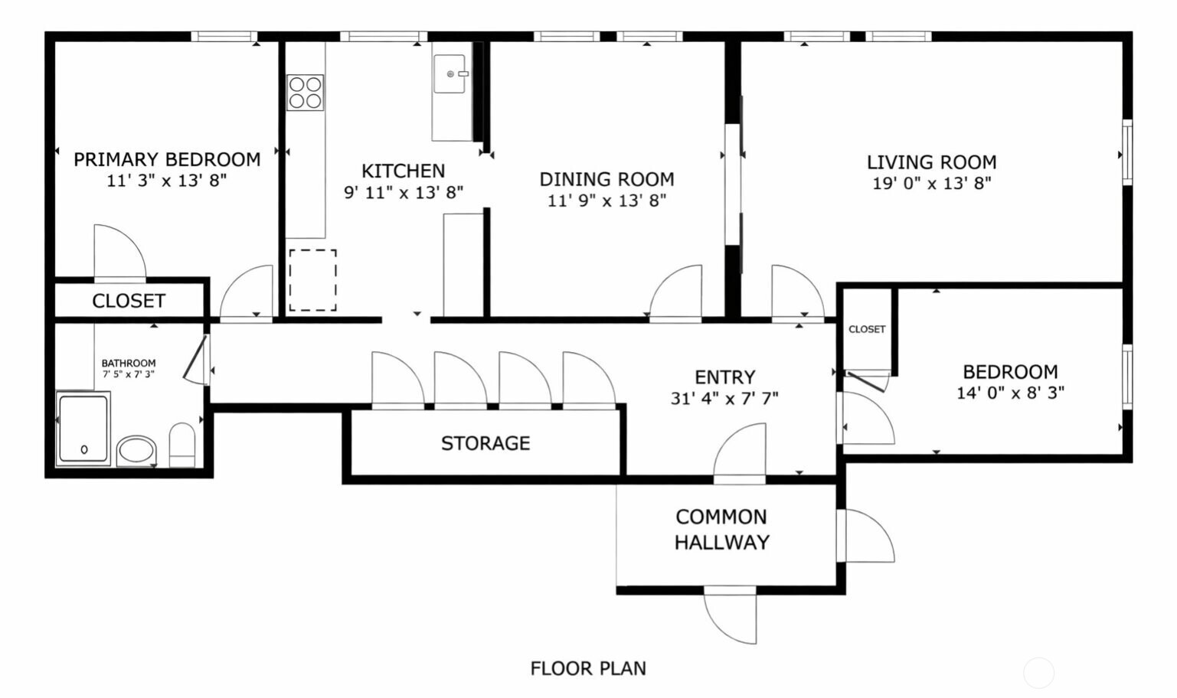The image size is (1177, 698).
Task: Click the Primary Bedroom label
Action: (167, 160)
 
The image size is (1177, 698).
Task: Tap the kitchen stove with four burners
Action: (305, 93)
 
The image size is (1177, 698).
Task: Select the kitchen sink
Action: (450, 74)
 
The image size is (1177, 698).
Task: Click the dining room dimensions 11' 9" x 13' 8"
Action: (607, 201)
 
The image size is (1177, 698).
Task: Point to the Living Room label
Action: (932, 162)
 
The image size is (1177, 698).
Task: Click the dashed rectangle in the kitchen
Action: (312, 280)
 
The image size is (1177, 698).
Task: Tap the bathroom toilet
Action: (181, 445)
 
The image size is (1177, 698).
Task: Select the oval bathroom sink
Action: (136, 451)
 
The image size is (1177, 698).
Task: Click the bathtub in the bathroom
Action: (83, 428)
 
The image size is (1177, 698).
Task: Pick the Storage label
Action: (486, 444)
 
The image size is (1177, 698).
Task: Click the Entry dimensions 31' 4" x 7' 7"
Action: (724, 399)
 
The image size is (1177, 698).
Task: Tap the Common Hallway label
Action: (722, 530)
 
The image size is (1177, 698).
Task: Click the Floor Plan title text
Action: (588, 669)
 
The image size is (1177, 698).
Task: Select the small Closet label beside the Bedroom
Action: (867, 329)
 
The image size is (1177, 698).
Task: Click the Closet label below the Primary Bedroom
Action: (129, 301)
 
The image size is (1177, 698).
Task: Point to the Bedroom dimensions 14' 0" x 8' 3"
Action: (1010, 393)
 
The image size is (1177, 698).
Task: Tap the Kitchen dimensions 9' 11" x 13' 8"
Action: (404, 193)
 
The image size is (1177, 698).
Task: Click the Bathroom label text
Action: (128, 363)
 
